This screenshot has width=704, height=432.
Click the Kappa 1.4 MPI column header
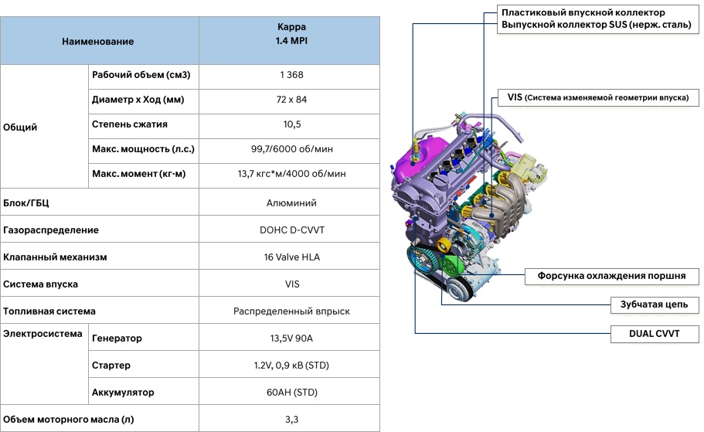pyautogui.click(x=291, y=34)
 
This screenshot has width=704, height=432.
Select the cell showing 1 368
pyautogui.click(x=291, y=74)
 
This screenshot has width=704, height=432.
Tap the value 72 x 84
pyautogui.click(x=291, y=99)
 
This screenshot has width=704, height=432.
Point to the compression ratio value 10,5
pyautogui.click(x=291, y=124)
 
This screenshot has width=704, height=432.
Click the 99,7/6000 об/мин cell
pyautogui.click(x=291, y=148)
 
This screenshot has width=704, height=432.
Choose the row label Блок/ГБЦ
pyautogui.click(x=26, y=203)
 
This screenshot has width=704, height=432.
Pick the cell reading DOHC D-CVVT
pyautogui.click(x=291, y=230)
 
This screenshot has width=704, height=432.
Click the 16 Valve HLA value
pyautogui.click(x=291, y=257)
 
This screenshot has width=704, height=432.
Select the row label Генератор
pyautogui.click(x=117, y=338)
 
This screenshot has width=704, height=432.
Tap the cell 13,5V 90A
pyautogui.click(x=291, y=338)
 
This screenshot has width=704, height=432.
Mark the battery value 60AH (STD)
pyautogui.click(x=291, y=392)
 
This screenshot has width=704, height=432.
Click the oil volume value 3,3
pyautogui.click(x=291, y=420)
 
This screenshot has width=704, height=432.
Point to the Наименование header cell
pyautogui.click(x=98, y=41)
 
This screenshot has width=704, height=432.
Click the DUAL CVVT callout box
pyautogui.click(x=655, y=334)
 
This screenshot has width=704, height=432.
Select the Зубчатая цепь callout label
pyautogui.click(x=655, y=304)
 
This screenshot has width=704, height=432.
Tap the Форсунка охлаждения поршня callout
pyautogui.click(x=611, y=276)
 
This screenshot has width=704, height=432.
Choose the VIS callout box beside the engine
pyautogui.click(x=598, y=97)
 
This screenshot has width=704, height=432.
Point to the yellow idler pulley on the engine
pyautogui.click(x=444, y=245)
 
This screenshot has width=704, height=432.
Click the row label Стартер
pyautogui.click(x=111, y=365)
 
